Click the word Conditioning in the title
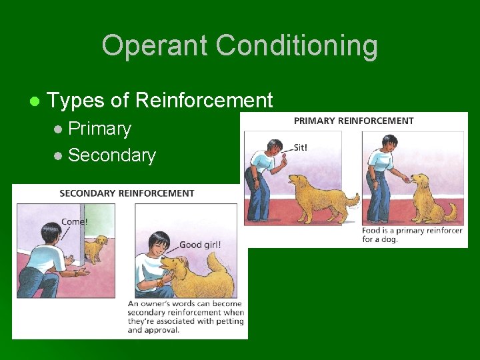click(297, 46)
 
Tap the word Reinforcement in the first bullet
click(204, 101)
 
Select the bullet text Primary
click(99, 128)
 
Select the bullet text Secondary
click(111, 155)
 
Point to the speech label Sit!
click(301, 147)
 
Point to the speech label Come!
click(74, 221)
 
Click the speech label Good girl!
click(200, 244)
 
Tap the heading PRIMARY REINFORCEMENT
click(353, 121)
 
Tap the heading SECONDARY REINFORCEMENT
click(127, 193)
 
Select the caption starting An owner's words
click(185, 317)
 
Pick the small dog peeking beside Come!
click(98, 248)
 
